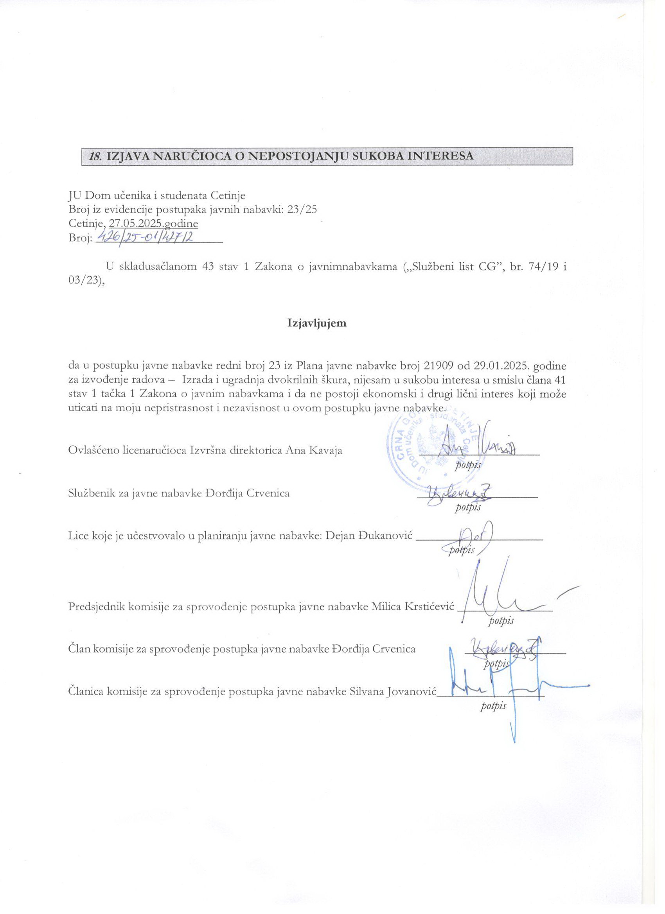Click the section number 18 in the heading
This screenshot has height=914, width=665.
tap(95, 156)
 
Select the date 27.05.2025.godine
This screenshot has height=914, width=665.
tap(153, 223)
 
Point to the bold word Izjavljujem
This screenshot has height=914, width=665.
tap(316, 323)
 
